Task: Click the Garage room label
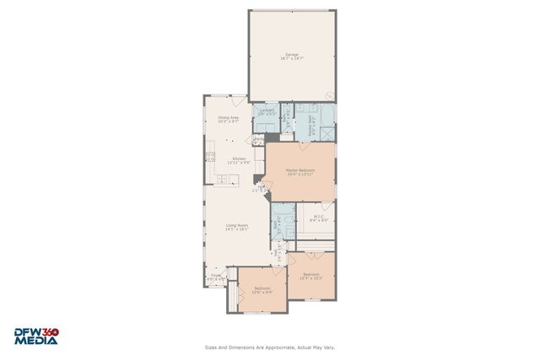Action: pos(291,57)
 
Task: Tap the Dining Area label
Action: pos(229,119)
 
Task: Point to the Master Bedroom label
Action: pos(300,171)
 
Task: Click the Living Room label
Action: pos(236,226)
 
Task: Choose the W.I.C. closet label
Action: pos(319,218)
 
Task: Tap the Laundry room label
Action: pos(267,112)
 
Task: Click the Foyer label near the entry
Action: pos(217,276)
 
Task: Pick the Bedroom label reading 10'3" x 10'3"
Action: pos(311,276)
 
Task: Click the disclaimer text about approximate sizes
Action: pos(269,347)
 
